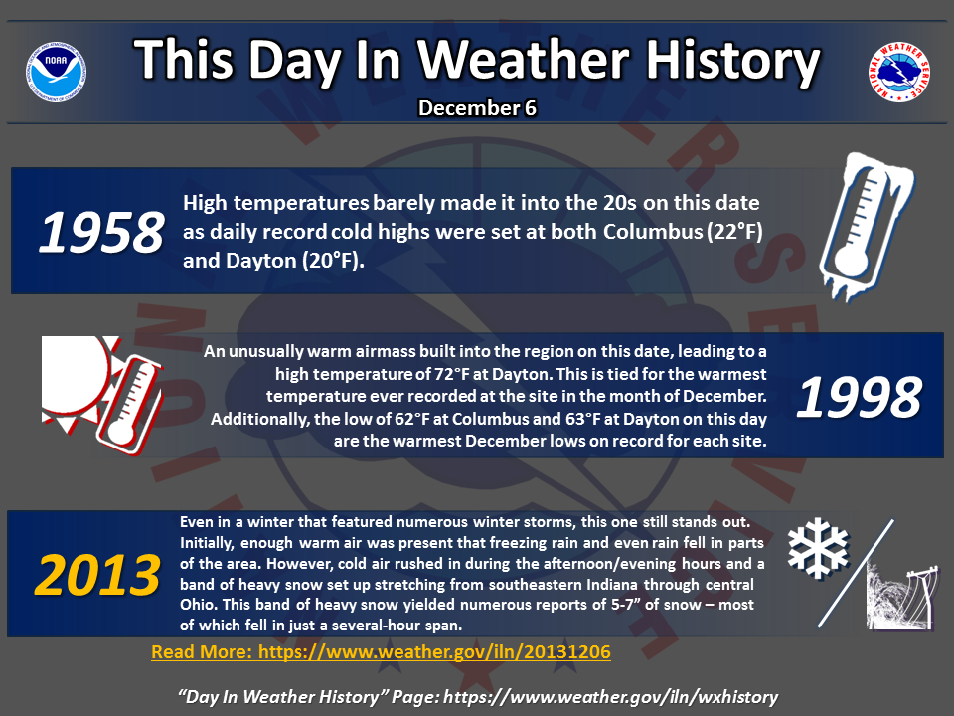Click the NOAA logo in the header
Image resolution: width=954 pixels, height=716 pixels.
[x=56, y=72]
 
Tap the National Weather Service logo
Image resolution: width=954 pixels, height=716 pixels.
[x=898, y=72]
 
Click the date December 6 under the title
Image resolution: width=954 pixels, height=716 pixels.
[x=477, y=108]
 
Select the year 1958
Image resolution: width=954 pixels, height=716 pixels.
[x=101, y=232]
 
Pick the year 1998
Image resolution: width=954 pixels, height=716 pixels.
[x=859, y=397]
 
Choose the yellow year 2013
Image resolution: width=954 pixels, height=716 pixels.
[x=97, y=575]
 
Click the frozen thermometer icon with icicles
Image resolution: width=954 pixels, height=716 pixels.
[x=866, y=227]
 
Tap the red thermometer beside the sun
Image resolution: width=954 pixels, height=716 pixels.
[x=129, y=404]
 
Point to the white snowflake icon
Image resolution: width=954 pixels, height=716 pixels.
[x=818, y=548]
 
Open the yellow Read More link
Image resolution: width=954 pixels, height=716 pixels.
[x=381, y=652]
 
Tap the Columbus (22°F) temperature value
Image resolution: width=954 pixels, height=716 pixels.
[x=683, y=232]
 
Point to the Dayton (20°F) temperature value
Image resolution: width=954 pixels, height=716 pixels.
[x=294, y=261]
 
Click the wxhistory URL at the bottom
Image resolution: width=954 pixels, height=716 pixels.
[x=610, y=697]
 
